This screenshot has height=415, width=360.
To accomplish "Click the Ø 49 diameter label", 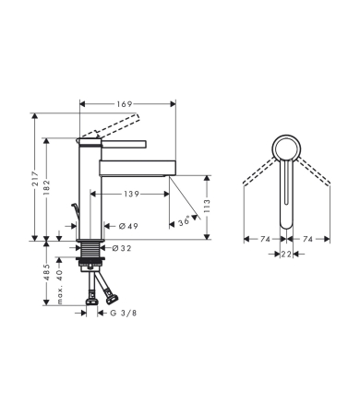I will tap(127, 226).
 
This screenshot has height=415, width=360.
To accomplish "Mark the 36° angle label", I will tap(183, 221).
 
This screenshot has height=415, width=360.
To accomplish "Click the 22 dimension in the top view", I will tap(286, 254).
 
